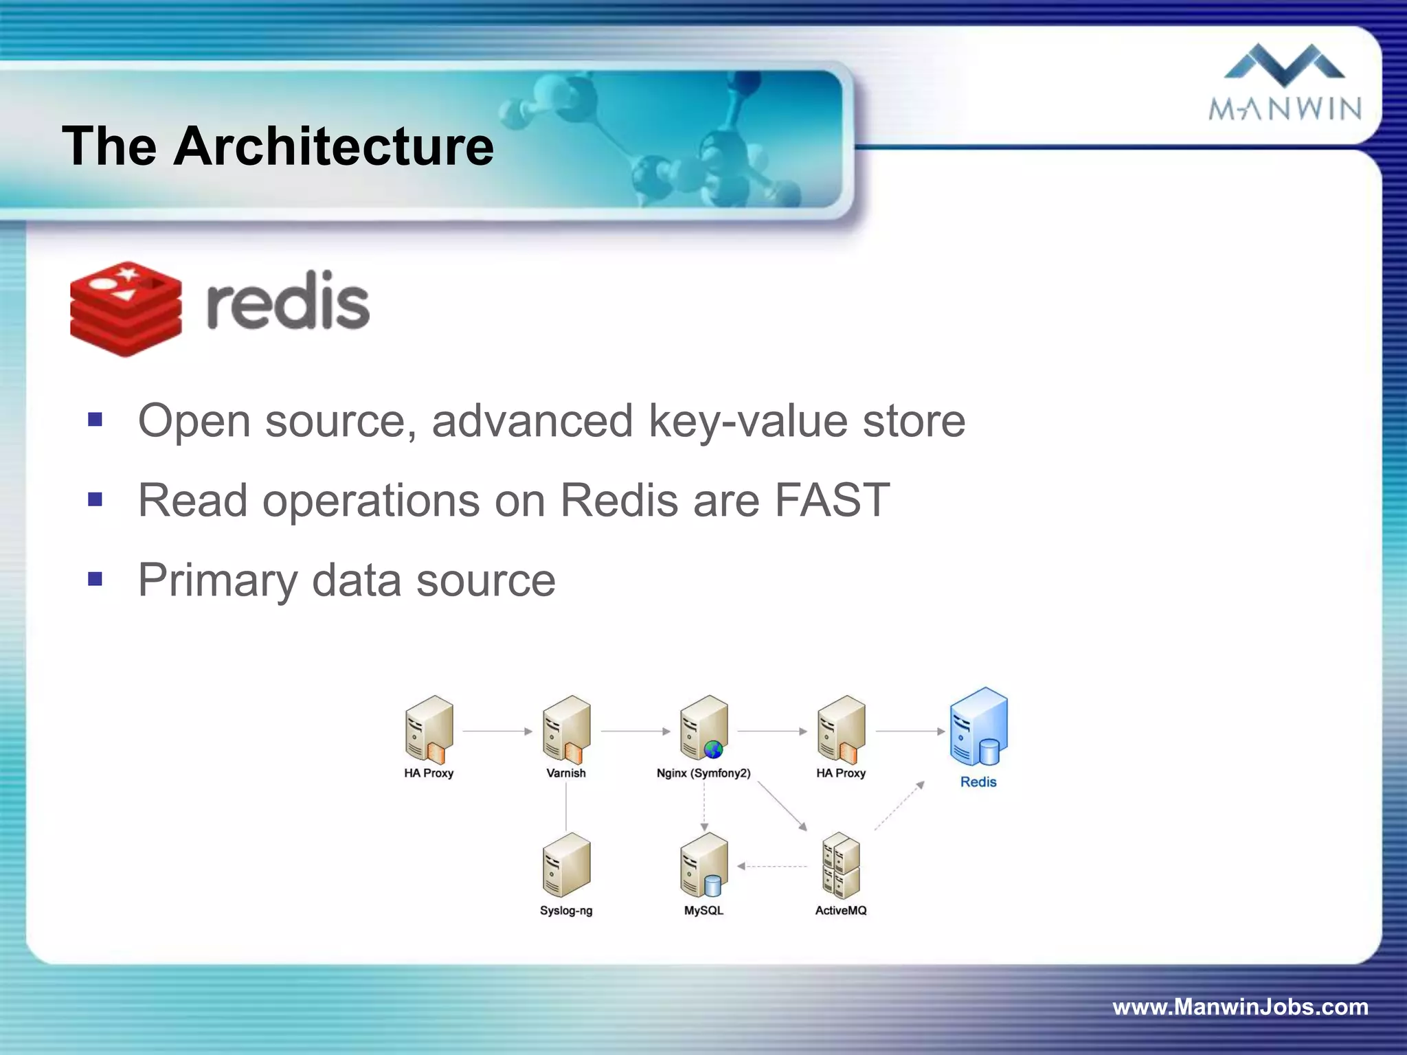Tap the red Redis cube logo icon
click(126, 308)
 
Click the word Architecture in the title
click(333, 146)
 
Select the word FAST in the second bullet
click(832, 500)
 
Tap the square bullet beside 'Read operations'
click(95, 499)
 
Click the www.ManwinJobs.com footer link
click(1240, 1007)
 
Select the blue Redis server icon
click(978, 727)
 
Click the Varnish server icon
click(566, 730)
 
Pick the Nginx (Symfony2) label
click(703, 773)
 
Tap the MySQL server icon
click(703, 865)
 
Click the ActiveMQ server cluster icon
click(841, 865)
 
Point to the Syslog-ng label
click(566, 911)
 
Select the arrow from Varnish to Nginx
click(635, 731)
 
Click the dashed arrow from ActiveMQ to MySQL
click(773, 867)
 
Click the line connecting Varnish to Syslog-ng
click(566, 806)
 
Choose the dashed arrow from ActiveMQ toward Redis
click(899, 806)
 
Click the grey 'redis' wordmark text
click(288, 303)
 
